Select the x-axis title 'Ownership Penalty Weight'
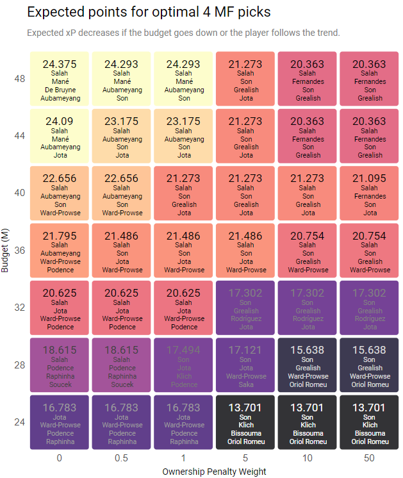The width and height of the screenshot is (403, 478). (215, 471)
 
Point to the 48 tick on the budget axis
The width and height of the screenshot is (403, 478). (19, 79)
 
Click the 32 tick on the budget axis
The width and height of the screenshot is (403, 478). (19, 308)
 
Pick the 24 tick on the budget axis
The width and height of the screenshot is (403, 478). (19, 422)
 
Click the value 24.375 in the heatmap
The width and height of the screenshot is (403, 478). (59, 64)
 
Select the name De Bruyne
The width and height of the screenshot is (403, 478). (59, 90)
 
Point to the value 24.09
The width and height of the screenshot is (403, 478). (59, 121)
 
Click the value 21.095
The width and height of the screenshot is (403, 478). (370, 178)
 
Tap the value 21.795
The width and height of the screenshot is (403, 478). (59, 236)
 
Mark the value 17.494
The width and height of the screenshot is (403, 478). (184, 350)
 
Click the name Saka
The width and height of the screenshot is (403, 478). (246, 384)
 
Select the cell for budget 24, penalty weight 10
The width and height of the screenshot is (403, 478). (308, 422)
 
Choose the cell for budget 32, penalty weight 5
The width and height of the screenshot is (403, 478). (246, 308)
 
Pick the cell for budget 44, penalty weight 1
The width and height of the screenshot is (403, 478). (184, 136)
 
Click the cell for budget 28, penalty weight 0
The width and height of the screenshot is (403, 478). (59, 365)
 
